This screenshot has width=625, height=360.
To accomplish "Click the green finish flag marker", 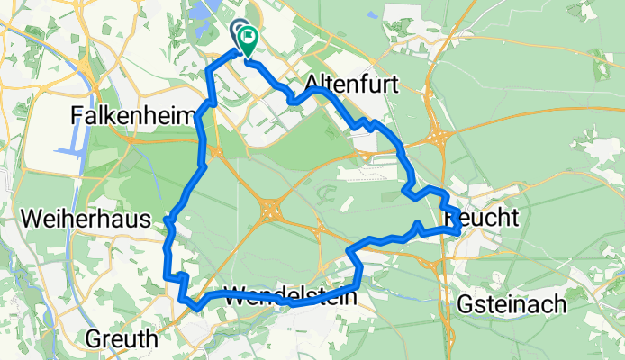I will (x=247, y=38).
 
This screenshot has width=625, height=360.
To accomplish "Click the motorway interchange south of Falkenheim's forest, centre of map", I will (x=270, y=211).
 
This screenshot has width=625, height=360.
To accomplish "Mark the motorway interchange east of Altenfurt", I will (x=439, y=137).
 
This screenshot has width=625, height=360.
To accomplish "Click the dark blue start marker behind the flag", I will (x=239, y=31).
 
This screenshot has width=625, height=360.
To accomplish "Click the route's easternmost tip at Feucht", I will (x=460, y=230).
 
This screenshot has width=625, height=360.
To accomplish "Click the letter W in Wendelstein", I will (x=232, y=294).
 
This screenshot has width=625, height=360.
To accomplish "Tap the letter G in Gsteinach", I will (x=466, y=303).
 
